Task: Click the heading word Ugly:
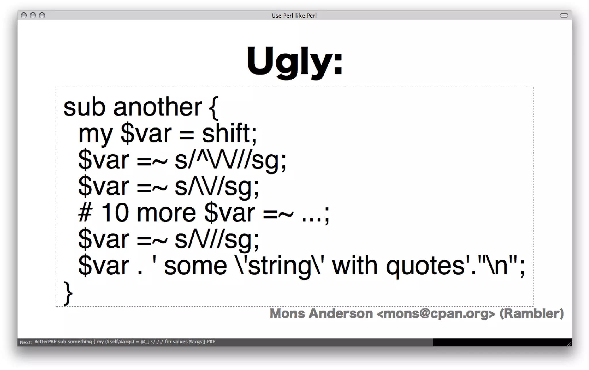click(x=294, y=61)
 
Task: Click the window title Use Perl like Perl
click(x=294, y=16)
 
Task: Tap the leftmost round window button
click(x=24, y=16)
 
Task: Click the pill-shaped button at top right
click(x=564, y=15)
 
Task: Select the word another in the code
click(x=158, y=107)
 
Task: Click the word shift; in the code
click(x=229, y=133)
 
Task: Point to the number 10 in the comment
click(x=115, y=213)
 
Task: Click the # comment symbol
click(x=85, y=213)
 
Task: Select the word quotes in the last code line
click(x=425, y=266)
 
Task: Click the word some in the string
click(x=195, y=266)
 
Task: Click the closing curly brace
click(x=68, y=293)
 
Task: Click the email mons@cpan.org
click(x=436, y=314)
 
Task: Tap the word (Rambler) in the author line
click(x=531, y=314)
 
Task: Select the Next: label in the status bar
click(x=26, y=342)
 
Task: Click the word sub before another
click(x=84, y=107)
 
